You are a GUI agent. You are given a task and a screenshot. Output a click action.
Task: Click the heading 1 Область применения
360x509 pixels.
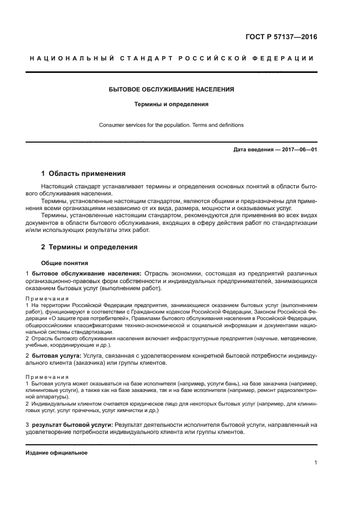tap(83, 174)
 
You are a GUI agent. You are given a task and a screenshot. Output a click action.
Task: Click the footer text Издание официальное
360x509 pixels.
tap(57, 453)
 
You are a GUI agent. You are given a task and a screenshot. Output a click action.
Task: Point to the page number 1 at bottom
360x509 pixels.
tap(315, 463)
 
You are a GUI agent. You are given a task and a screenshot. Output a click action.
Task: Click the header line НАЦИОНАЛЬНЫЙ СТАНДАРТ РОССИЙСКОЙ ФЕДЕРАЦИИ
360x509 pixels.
tap(171, 58)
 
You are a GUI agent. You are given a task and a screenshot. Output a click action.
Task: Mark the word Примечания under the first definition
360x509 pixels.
tap(47, 299)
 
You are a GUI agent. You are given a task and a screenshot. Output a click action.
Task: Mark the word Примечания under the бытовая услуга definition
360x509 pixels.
tap(47, 377)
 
